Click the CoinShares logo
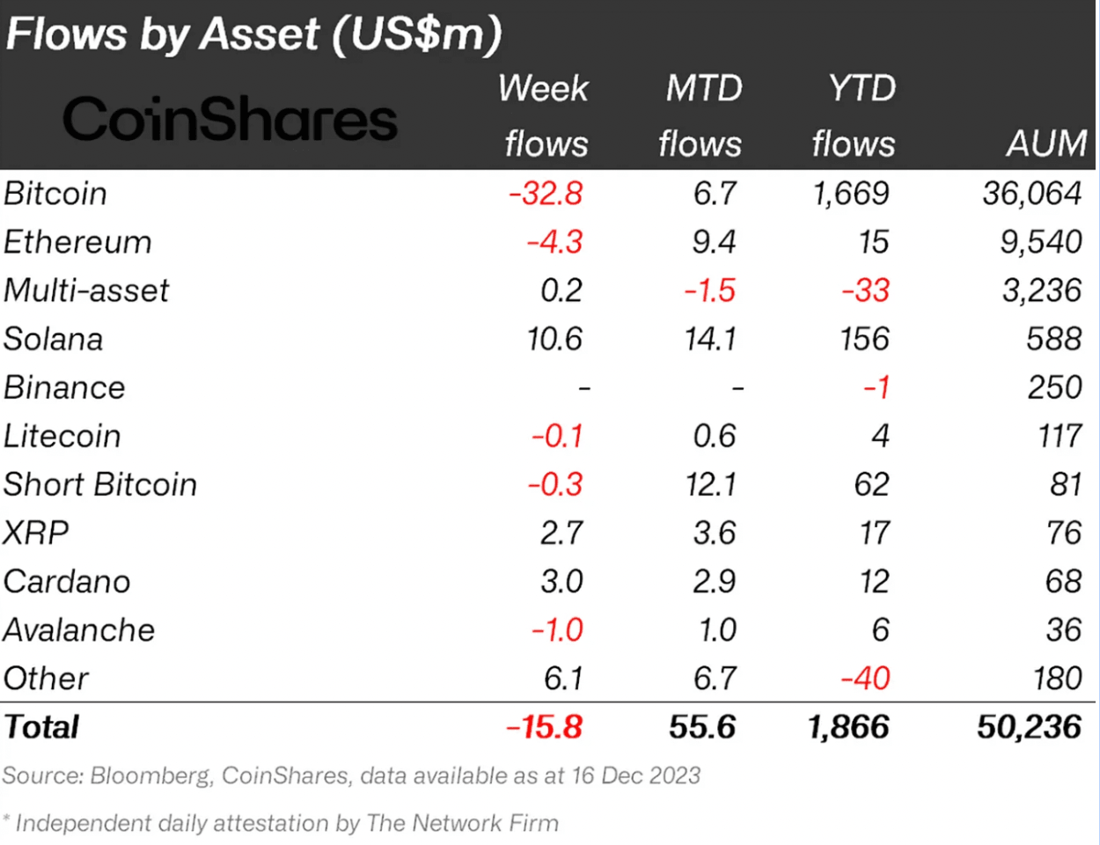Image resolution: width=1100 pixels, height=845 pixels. tap(230, 120)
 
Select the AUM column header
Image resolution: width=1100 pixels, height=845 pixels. tap(1045, 143)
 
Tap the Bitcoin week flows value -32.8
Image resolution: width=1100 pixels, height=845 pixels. tap(546, 194)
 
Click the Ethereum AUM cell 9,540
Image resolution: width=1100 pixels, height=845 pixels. tap(1040, 242)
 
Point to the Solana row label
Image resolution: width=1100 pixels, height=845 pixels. tap(53, 339)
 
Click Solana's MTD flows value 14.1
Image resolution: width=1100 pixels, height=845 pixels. tap(711, 339)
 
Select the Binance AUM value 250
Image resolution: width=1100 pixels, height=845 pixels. tap(1054, 387)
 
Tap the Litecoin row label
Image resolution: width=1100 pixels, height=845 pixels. tap(62, 436)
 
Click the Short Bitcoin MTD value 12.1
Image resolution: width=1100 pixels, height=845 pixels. tap(711, 484)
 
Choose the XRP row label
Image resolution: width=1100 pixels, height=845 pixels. tap(36, 533)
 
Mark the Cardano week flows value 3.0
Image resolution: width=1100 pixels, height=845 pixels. tap(561, 581)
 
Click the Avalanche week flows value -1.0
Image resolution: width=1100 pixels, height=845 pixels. tap(557, 629)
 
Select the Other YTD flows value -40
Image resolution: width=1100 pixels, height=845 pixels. tap(865, 678)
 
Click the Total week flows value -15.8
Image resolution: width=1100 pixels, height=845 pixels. tap(544, 727)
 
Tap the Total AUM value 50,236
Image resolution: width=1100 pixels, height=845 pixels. tap(1028, 727)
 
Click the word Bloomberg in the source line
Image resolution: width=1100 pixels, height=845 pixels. tap(150, 775)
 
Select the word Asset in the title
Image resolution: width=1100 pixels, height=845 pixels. tap(260, 33)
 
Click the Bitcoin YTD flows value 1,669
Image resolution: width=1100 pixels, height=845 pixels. tap(851, 194)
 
